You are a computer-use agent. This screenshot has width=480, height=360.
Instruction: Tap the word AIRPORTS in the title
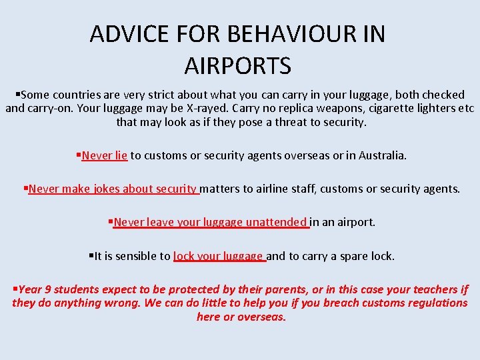coord(238,67)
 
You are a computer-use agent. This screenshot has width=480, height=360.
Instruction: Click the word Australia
coord(381,155)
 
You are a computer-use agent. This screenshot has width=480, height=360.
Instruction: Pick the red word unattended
coord(275,222)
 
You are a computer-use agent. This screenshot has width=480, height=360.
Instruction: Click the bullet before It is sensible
coord(91,255)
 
